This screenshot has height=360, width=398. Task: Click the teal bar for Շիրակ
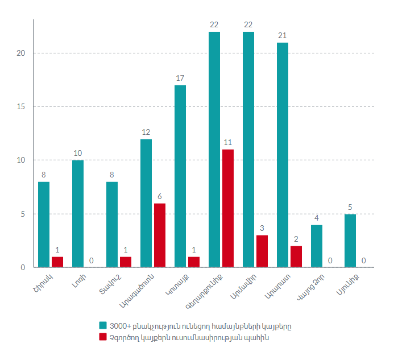[44, 225]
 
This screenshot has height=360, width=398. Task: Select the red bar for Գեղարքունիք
[228, 208]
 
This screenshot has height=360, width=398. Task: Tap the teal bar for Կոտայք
[180, 176]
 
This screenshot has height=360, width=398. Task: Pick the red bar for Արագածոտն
[160, 235]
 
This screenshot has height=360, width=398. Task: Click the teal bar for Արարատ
[283, 155]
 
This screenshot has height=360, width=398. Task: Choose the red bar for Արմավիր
[262, 251]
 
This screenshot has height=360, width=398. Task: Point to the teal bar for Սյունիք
[350, 241]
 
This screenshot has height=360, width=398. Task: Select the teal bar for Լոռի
[78, 214]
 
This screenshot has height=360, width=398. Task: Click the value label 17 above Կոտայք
[180, 78]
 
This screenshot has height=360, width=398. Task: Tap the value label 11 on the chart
[227, 142]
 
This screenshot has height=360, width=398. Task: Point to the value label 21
[282, 35]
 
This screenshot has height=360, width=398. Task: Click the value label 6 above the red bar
[160, 196]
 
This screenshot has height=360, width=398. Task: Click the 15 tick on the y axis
[22, 107]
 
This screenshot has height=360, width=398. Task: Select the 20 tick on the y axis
[22, 53]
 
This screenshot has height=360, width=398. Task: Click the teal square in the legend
[103, 325]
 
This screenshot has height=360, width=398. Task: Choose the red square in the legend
[103, 337]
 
